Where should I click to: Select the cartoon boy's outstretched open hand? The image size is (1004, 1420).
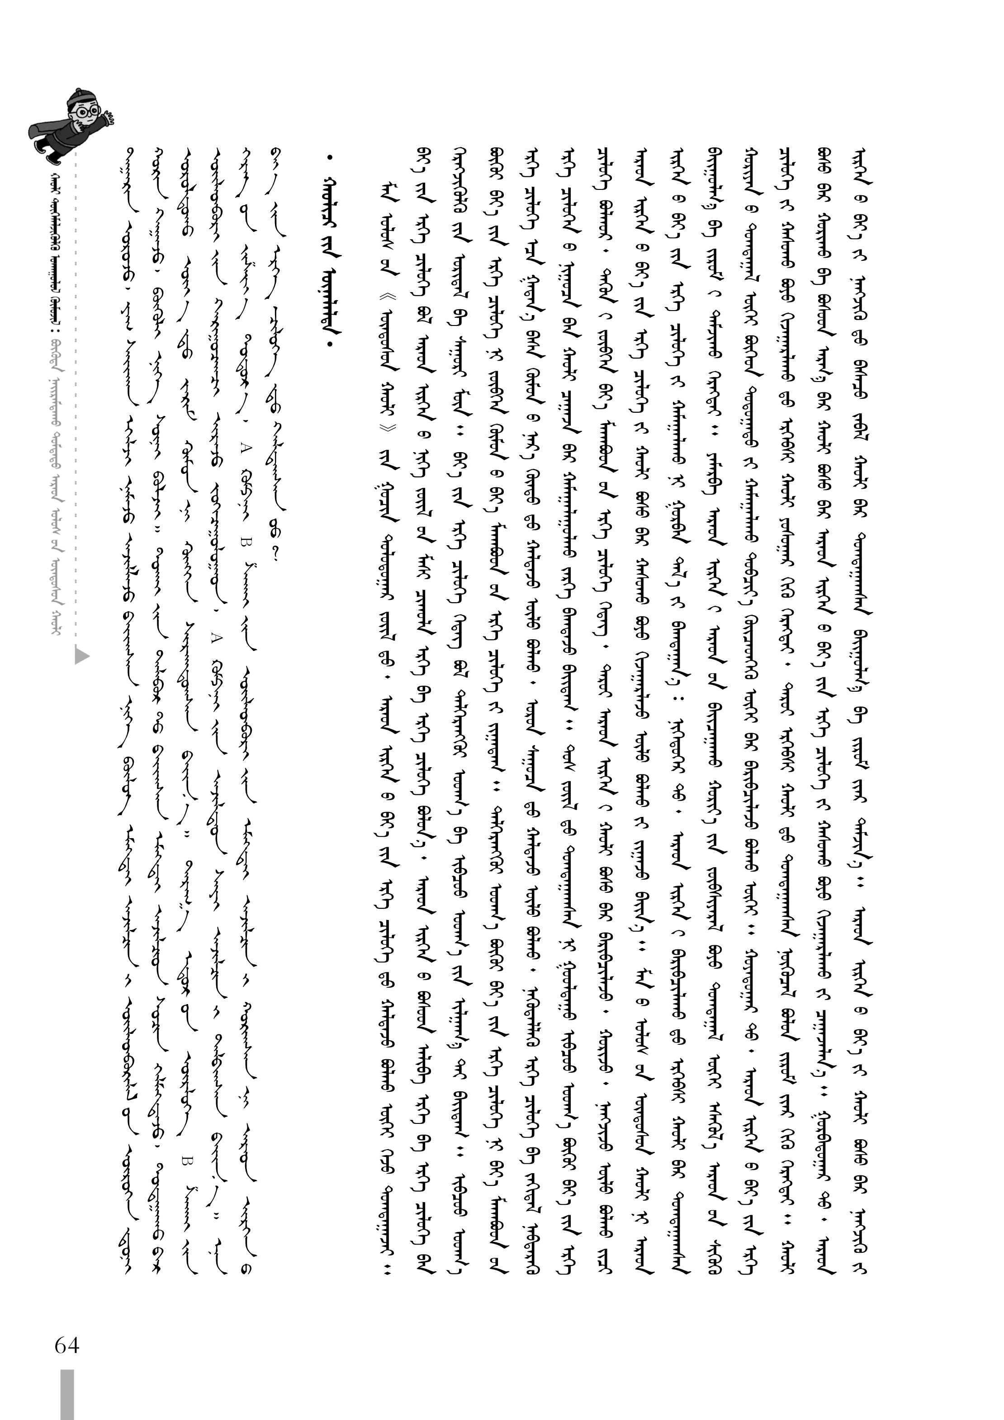[x=110, y=118]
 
